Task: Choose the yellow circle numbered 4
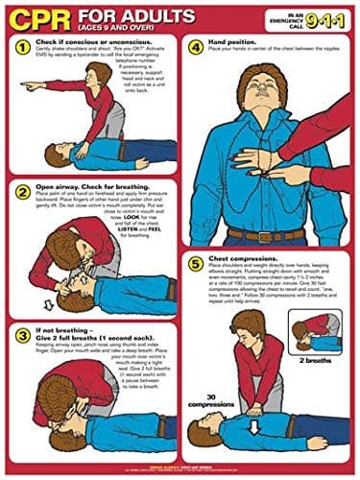pyautogui.click(x=194, y=46)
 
